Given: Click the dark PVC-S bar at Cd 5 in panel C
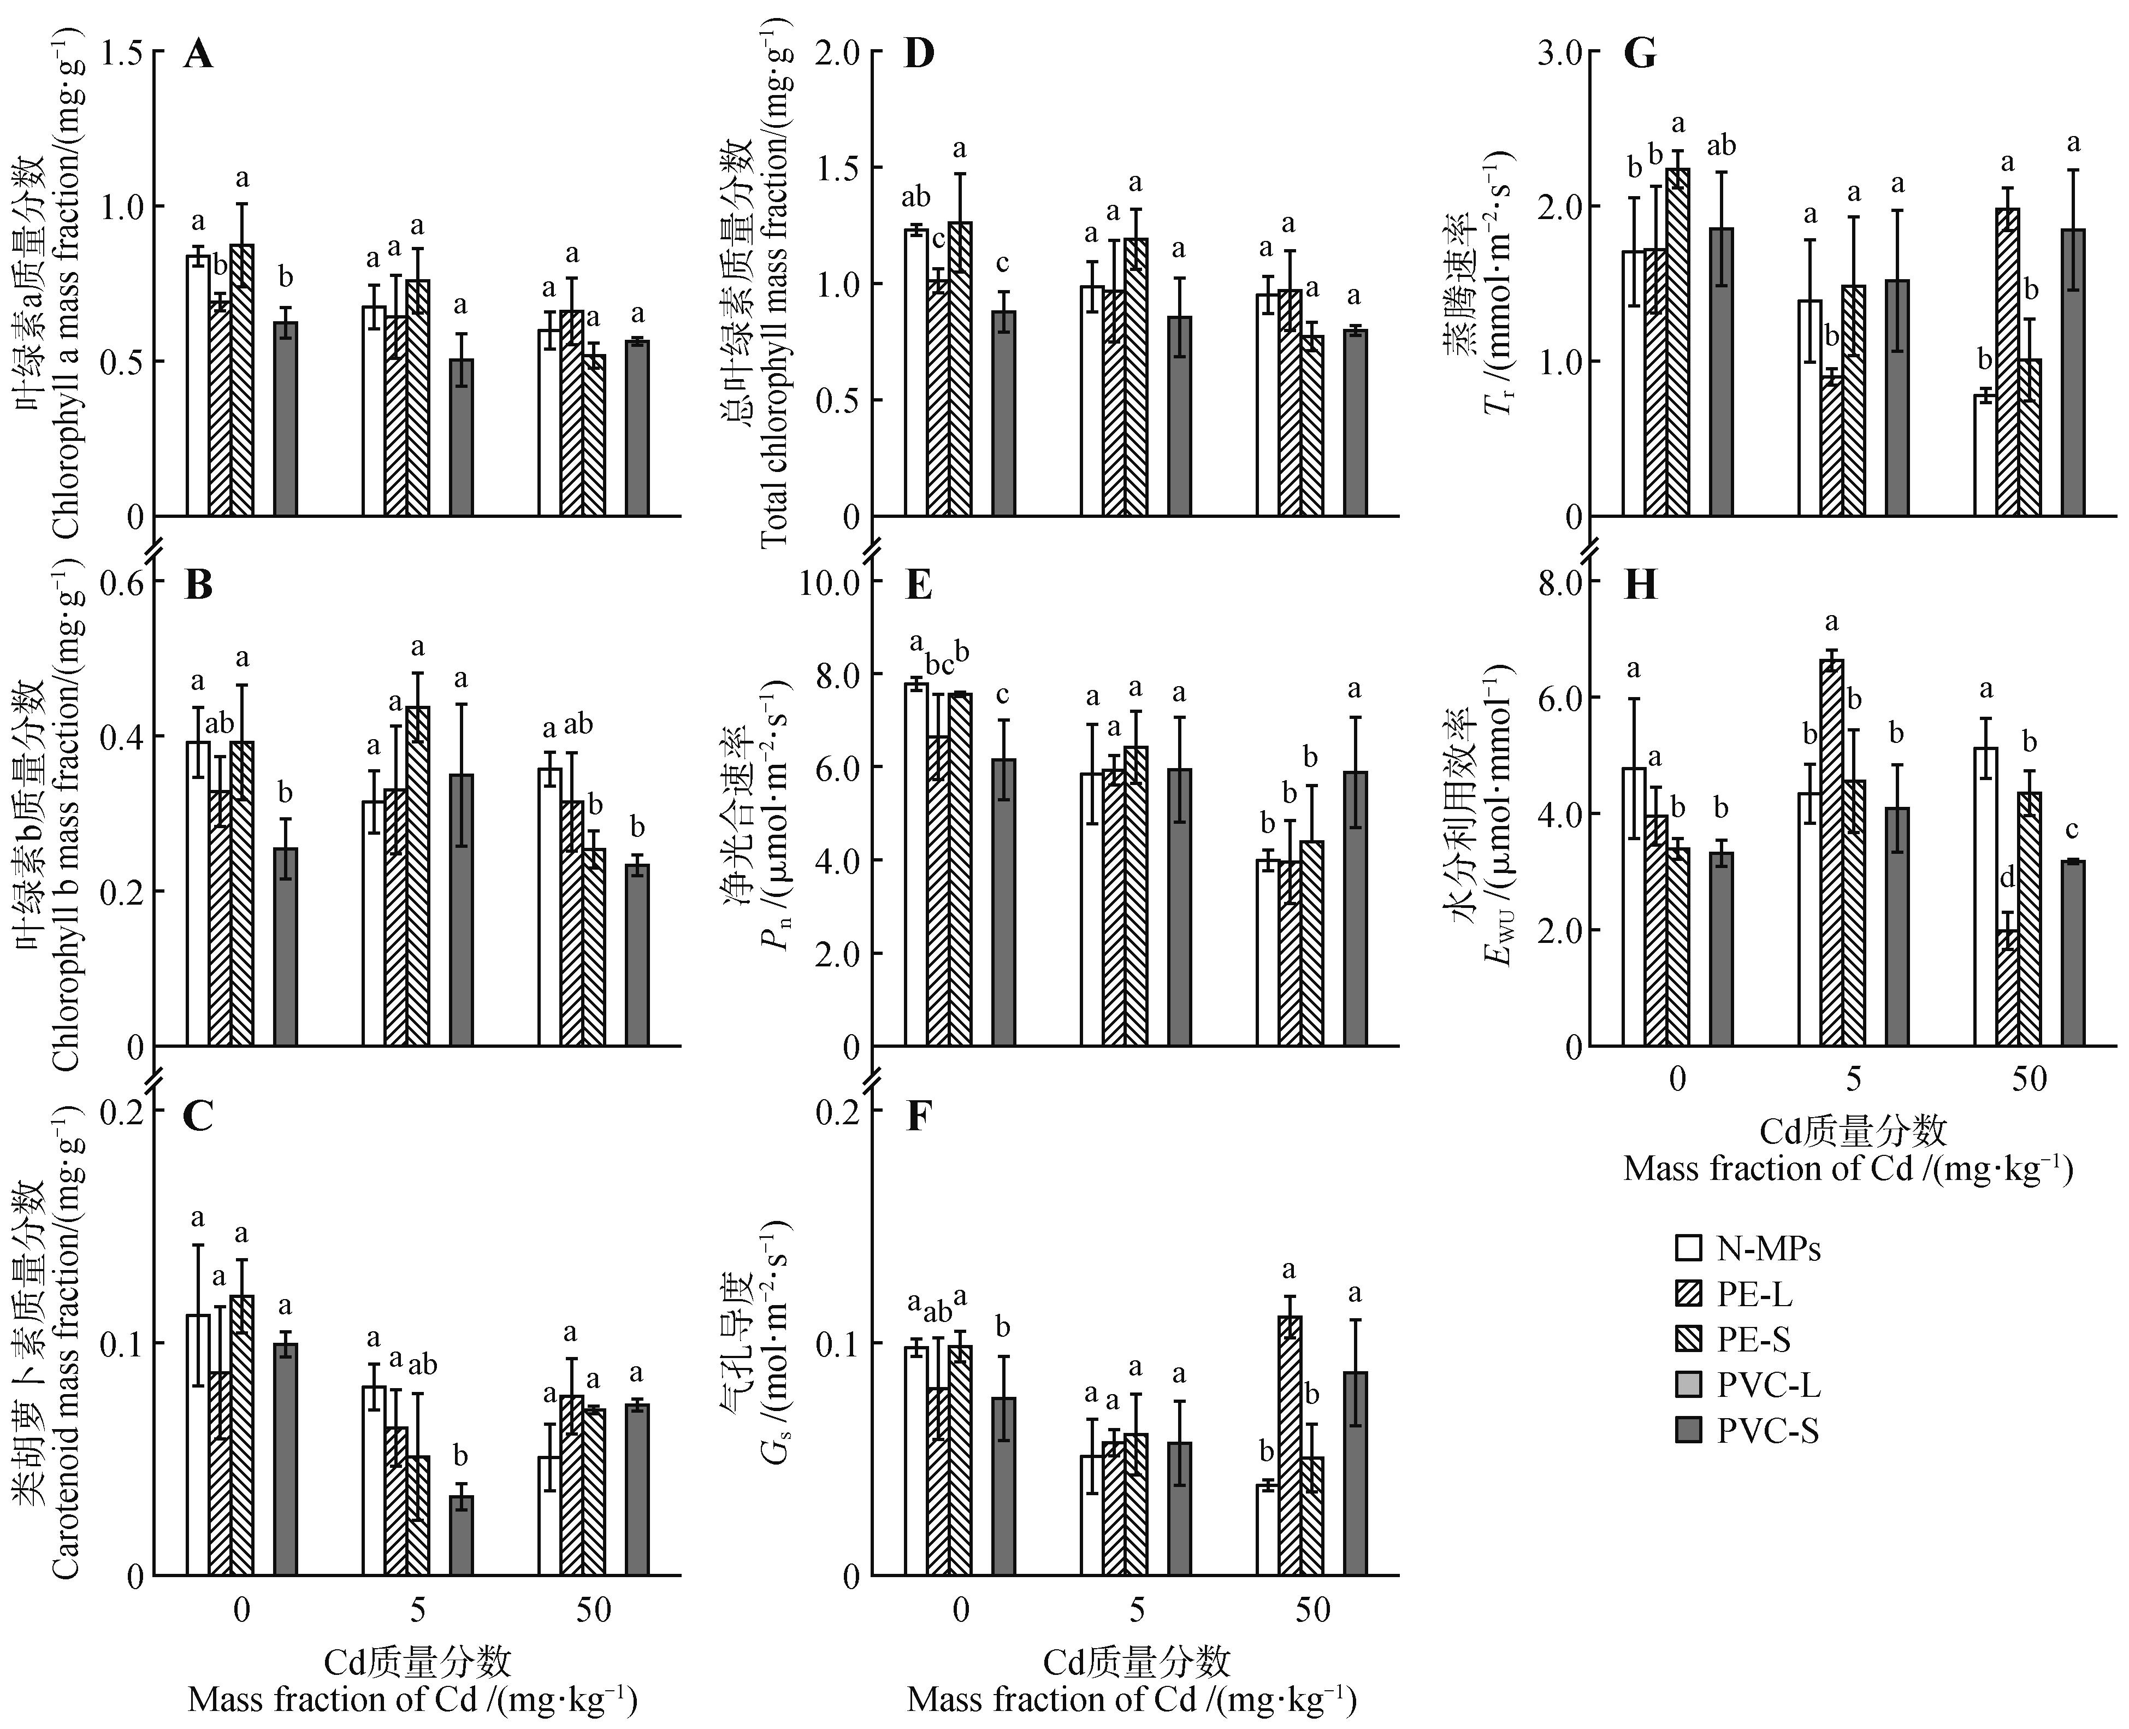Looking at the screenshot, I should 461,1536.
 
